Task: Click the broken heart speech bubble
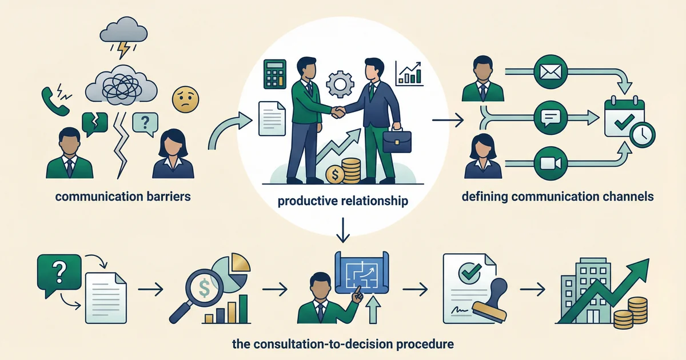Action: [95, 122]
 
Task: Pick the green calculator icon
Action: [274, 74]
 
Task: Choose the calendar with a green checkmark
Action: [625, 119]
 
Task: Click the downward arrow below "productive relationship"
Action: [342, 230]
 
